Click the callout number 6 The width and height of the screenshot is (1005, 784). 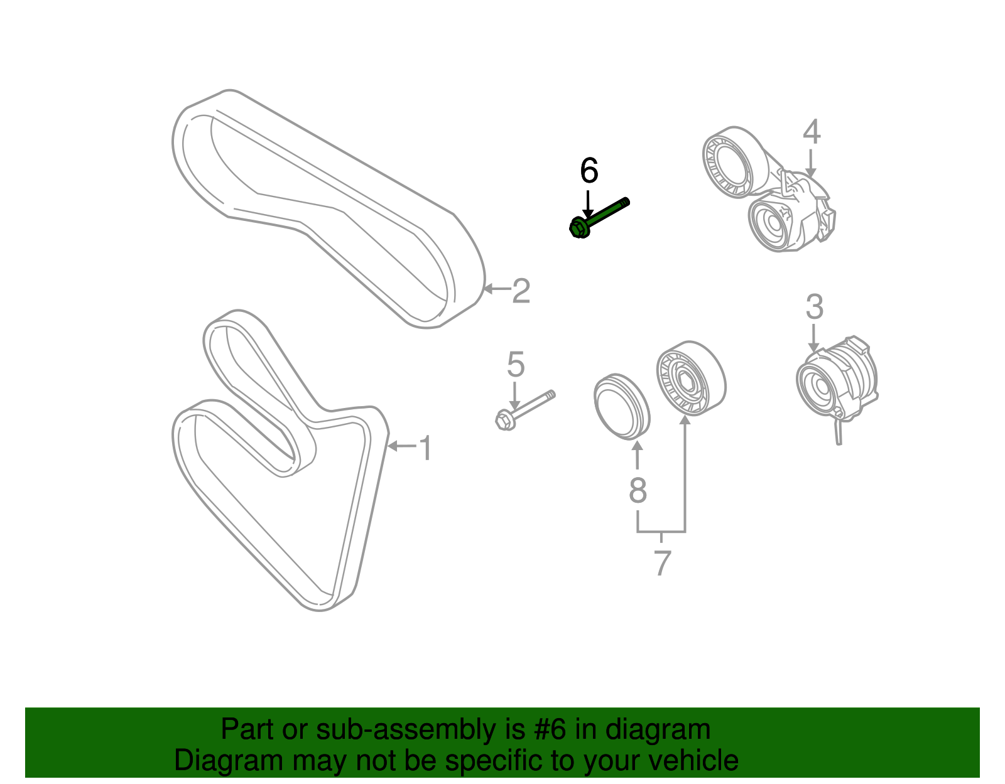(589, 169)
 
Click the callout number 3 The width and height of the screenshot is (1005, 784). (815, 306)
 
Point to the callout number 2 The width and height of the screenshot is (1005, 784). (521, 291)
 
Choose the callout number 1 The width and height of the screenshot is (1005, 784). (425, 448)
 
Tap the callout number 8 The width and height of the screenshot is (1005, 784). (638, 490)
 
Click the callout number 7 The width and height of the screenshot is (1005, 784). (663, 563)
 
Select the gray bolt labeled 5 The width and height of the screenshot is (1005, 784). (525, 411)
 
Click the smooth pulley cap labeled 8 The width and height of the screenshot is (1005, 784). (622, 407)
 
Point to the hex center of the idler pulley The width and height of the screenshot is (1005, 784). (685, 382)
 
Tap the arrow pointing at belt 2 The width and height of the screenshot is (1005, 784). (497, 289)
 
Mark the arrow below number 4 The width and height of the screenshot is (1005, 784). (810, 163)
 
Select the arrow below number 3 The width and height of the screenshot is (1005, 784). (813, 338)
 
